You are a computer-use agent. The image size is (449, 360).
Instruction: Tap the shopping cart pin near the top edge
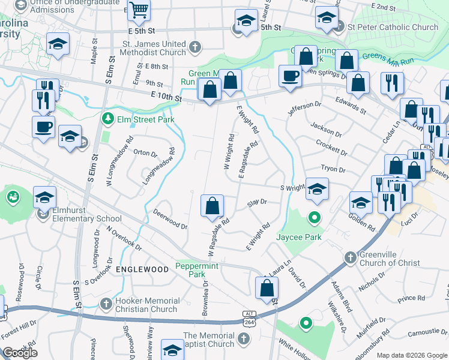(139, 10)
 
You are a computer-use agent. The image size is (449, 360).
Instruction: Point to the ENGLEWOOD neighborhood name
(142, 269)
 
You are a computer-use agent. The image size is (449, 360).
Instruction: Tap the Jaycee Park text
(298, 237)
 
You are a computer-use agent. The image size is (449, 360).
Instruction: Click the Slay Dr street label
(257, 203)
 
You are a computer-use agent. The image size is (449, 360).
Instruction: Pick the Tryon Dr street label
(333, 170)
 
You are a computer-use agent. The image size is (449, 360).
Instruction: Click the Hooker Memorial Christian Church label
(141, 305)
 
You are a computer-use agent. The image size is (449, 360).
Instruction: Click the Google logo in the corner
(20, 352)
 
